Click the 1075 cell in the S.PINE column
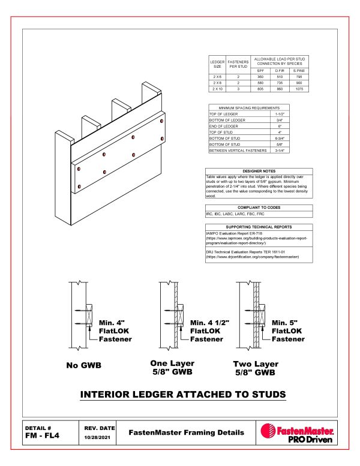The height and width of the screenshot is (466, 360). [298, 89]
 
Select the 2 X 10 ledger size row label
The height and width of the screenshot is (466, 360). [216, 89]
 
